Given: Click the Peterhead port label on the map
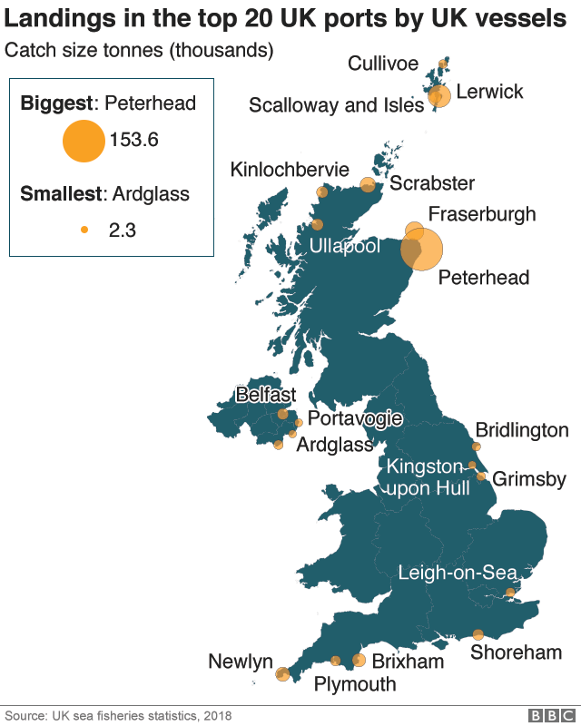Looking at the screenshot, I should (x=483, y=278).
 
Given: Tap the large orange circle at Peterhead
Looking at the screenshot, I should (x=423, y=250).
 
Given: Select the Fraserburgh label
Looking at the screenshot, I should (x=481, y=215).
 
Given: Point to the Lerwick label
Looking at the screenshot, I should (x=489, y=92).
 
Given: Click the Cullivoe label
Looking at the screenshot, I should (x=383, y=63).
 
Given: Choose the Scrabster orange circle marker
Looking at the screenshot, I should (x=368, y=184).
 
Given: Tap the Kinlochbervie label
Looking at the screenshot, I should (x=290, y=170).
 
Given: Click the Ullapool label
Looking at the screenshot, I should (x=344, y=247).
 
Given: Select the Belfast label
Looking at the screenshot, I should (x=265, y=396).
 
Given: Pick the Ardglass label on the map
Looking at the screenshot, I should (x=335, y=445).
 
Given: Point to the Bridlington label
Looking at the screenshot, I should (x=522, y=430).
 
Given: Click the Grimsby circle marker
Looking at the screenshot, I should (x=482, y=476).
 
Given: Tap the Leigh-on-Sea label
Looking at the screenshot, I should (x=458, y=573).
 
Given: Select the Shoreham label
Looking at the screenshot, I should (x=516, y=652).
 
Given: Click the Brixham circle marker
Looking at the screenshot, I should (x=359, y=661).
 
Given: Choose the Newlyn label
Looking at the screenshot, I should (x=241, y=662).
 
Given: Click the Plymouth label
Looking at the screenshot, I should (x=355, y=684).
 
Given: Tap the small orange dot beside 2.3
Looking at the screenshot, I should (x=84, y=231).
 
